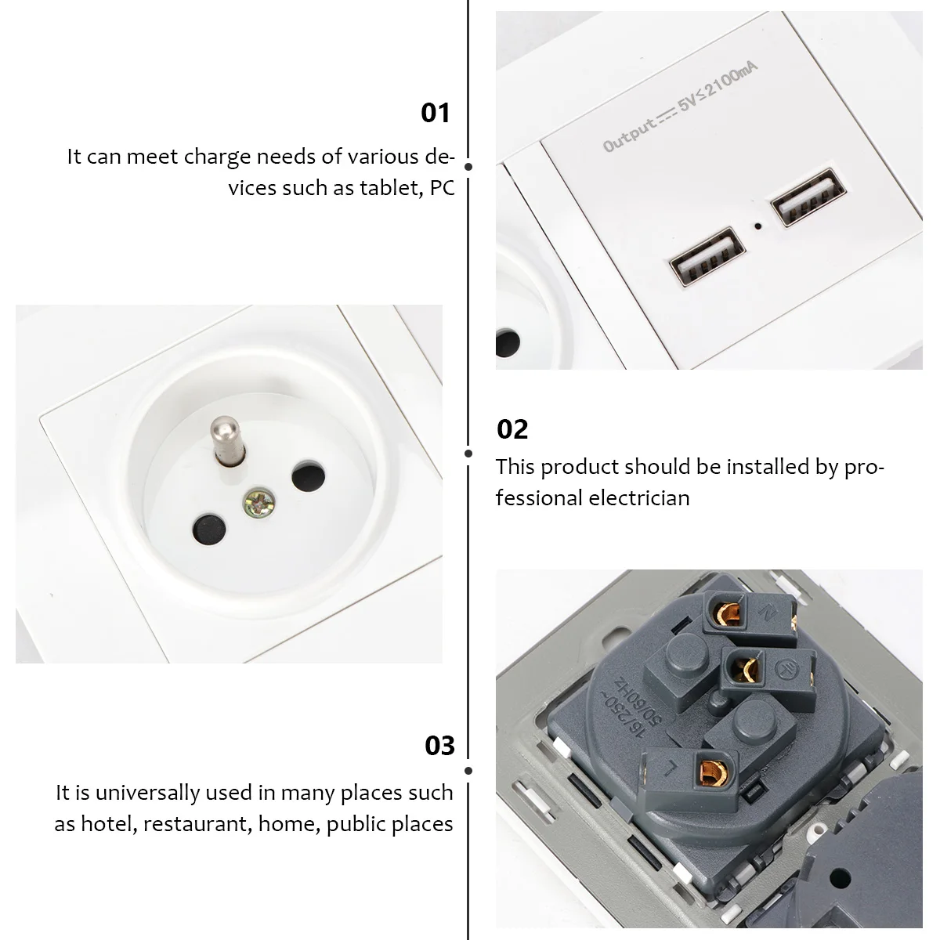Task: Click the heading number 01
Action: (x=436, y=113)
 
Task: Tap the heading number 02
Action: (x=513, y=429)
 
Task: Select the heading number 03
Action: (x=439, y=746)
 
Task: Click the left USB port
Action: (x=703, y=255)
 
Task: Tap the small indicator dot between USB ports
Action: (x=757, y=227)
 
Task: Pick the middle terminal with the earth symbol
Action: (x=744, y=667)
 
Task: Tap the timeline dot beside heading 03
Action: (x=468, y=771)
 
